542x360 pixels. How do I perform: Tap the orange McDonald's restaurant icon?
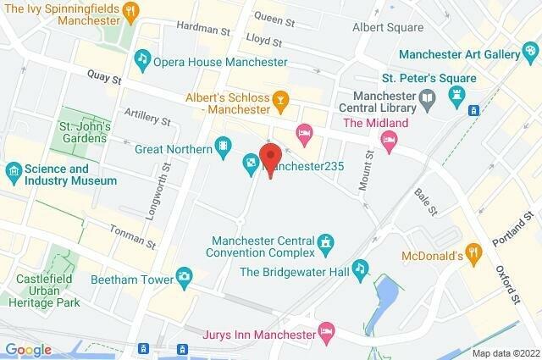[x=475, y=252]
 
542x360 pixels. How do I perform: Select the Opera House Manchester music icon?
[x=142, y=58]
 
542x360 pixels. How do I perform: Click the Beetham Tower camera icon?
[x=184, y=275]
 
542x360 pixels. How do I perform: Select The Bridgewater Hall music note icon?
[x=361, y=268]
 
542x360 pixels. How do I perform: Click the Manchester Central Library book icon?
[x=429, y=99]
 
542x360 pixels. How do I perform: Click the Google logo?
[x=28, y=349]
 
